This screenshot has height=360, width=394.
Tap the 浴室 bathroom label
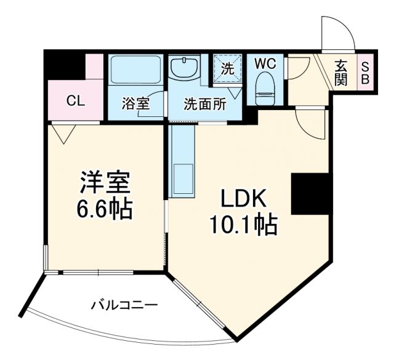(135, 103)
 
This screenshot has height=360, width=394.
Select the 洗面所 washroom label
(204, 103)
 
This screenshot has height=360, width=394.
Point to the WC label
(265, 63)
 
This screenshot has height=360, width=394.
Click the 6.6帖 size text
(105, 209)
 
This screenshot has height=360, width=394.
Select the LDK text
(243, 199)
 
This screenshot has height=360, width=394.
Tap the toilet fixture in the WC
(265, 89)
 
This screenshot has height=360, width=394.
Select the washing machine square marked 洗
(227, 70)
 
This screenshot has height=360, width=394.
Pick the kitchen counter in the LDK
(183, 159)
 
